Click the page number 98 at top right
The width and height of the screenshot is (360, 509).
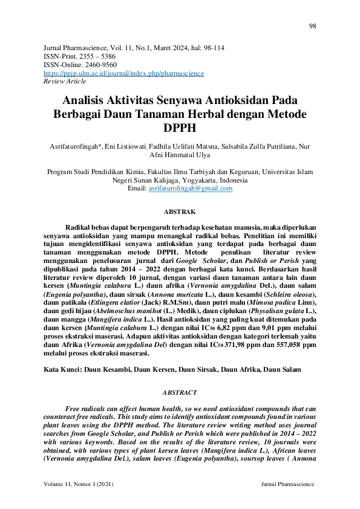(312, 27)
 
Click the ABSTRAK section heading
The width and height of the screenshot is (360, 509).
(180, 212)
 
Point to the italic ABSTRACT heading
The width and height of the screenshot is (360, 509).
(180, 392)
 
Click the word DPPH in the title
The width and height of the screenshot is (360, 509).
(180, 128)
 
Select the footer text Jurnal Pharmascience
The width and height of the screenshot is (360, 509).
(287, 485)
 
